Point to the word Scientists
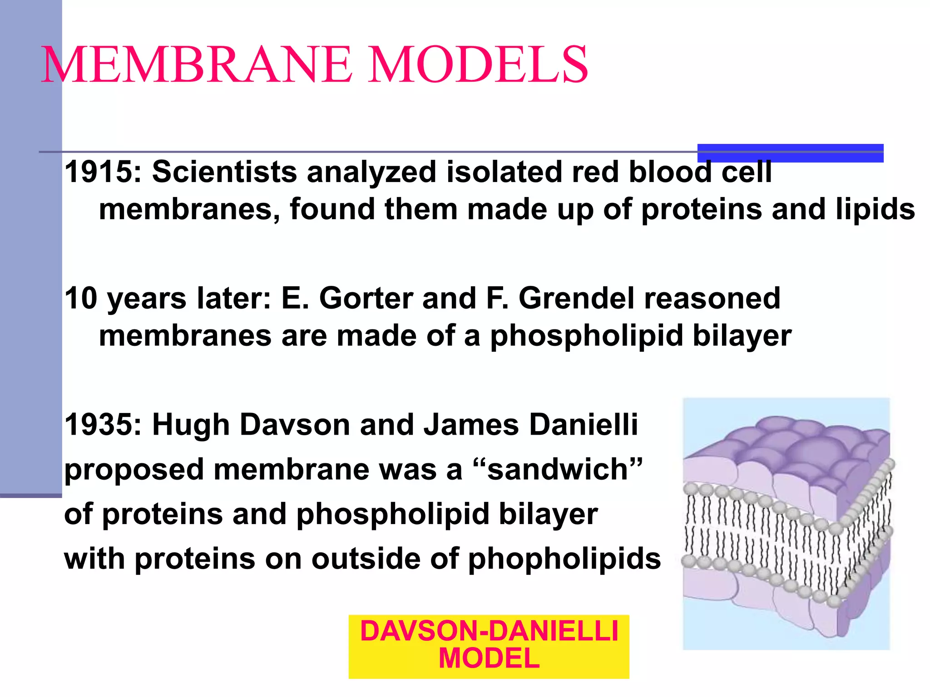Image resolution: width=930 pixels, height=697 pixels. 224,172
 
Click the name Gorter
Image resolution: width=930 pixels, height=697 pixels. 366,299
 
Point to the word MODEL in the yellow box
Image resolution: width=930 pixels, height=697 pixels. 489,658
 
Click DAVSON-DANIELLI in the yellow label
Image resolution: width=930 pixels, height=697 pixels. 489,631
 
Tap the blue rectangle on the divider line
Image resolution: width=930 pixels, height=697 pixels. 790,153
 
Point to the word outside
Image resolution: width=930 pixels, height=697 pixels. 366,559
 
